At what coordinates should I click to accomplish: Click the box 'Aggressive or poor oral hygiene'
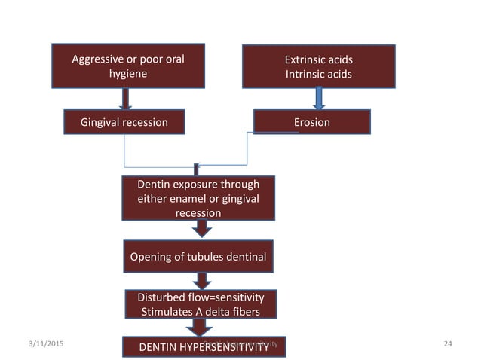coord(128,66)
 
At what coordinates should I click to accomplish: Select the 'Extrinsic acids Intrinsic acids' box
coord(318,66)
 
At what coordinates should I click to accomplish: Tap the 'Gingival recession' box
coord(124,121)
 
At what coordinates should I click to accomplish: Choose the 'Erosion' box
coord(311,121)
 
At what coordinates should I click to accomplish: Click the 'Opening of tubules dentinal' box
coord(198,258)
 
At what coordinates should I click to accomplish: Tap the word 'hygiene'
coord(128,74)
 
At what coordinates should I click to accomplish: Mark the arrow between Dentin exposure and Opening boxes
coord(198,230)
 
